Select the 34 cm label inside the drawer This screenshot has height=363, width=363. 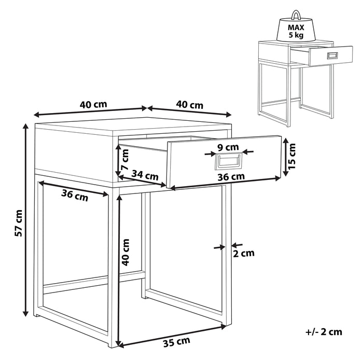pyautogui.click(x=145, y=176)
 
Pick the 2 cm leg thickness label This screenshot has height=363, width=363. pyautogui.click(x=244, y=254)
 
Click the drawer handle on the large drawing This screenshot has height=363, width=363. pyautogui.click(x=228, y=162)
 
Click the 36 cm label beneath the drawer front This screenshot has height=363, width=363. pyautogui.click(x=231, y=176)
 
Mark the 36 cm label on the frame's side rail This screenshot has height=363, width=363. pyautogui.click(x=75, y=196)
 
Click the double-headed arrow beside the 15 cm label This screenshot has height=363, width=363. pyautogui.click(x=284, y=157)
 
